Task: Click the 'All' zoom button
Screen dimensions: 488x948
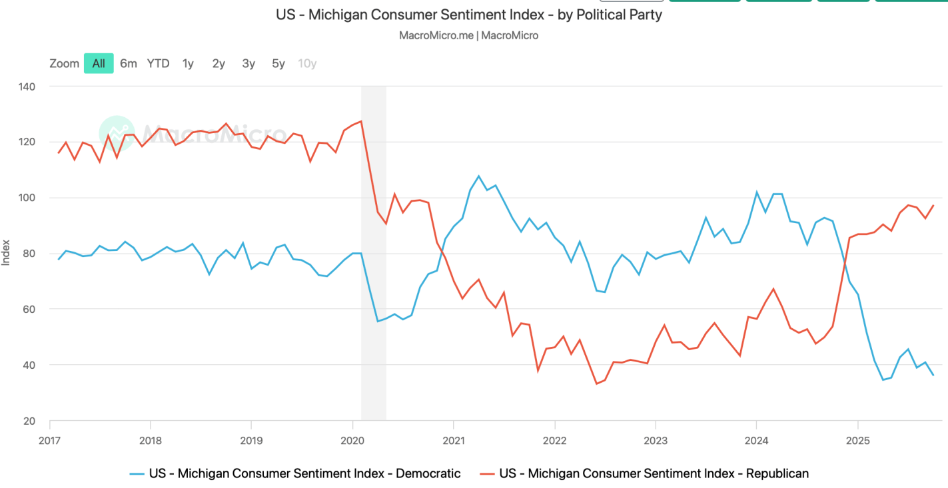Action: [x=99, y=64]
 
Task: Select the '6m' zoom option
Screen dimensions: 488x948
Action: [x=129, y=64]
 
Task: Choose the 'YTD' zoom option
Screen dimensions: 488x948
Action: [x=159, y=64]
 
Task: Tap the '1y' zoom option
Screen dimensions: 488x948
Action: [x=189, y=64]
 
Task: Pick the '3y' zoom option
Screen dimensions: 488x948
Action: [x=248, y=64]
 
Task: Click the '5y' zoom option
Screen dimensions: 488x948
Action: [x=278, y=64]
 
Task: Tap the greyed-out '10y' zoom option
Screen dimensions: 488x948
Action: [x=307, y=64]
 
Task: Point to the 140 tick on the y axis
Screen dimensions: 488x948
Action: [x=27, y=87]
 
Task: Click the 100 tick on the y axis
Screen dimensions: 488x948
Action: [x=27, y=198]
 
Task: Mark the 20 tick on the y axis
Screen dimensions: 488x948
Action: [x=29, y=421]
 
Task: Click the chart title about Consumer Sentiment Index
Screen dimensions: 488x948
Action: [x=469, y=14]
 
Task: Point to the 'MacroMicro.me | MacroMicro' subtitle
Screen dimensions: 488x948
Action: [x=469, y=35]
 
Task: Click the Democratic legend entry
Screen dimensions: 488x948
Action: [x=295, y=474]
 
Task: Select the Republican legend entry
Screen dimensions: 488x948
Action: [x=644, y=474]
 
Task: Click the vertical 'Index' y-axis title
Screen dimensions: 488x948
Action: [x=6, y=254]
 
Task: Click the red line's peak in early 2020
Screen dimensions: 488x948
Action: [x=360, y=121]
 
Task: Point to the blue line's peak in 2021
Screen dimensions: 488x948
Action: [x=478, y=176]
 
